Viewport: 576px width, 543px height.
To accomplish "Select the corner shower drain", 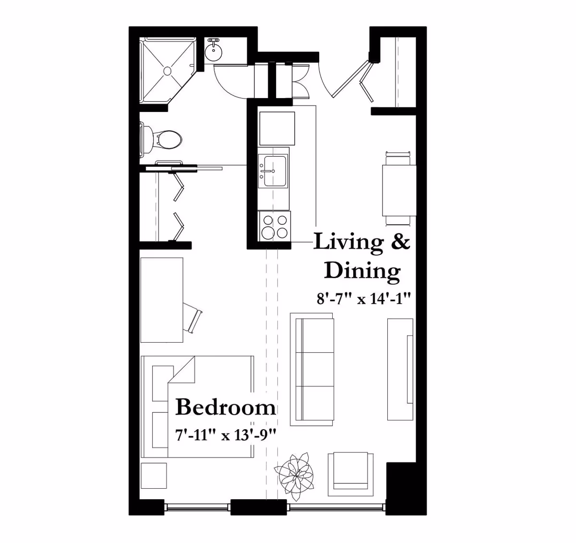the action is point(168,71).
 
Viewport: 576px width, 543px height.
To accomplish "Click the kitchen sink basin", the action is point(273,172).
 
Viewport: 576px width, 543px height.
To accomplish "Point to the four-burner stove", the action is point(274,226).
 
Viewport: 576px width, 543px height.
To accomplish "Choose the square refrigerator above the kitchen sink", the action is point(277,129).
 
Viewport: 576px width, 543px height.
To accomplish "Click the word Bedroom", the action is point(225,407).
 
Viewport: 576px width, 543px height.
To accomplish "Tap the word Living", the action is point(348,243).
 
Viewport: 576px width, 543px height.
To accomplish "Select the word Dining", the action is point(362,271).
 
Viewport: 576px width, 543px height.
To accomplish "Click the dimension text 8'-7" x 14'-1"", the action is point(364,298).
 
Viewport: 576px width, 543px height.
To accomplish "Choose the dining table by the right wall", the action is point(399,190).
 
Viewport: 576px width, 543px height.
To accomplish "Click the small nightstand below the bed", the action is point(154,476).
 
